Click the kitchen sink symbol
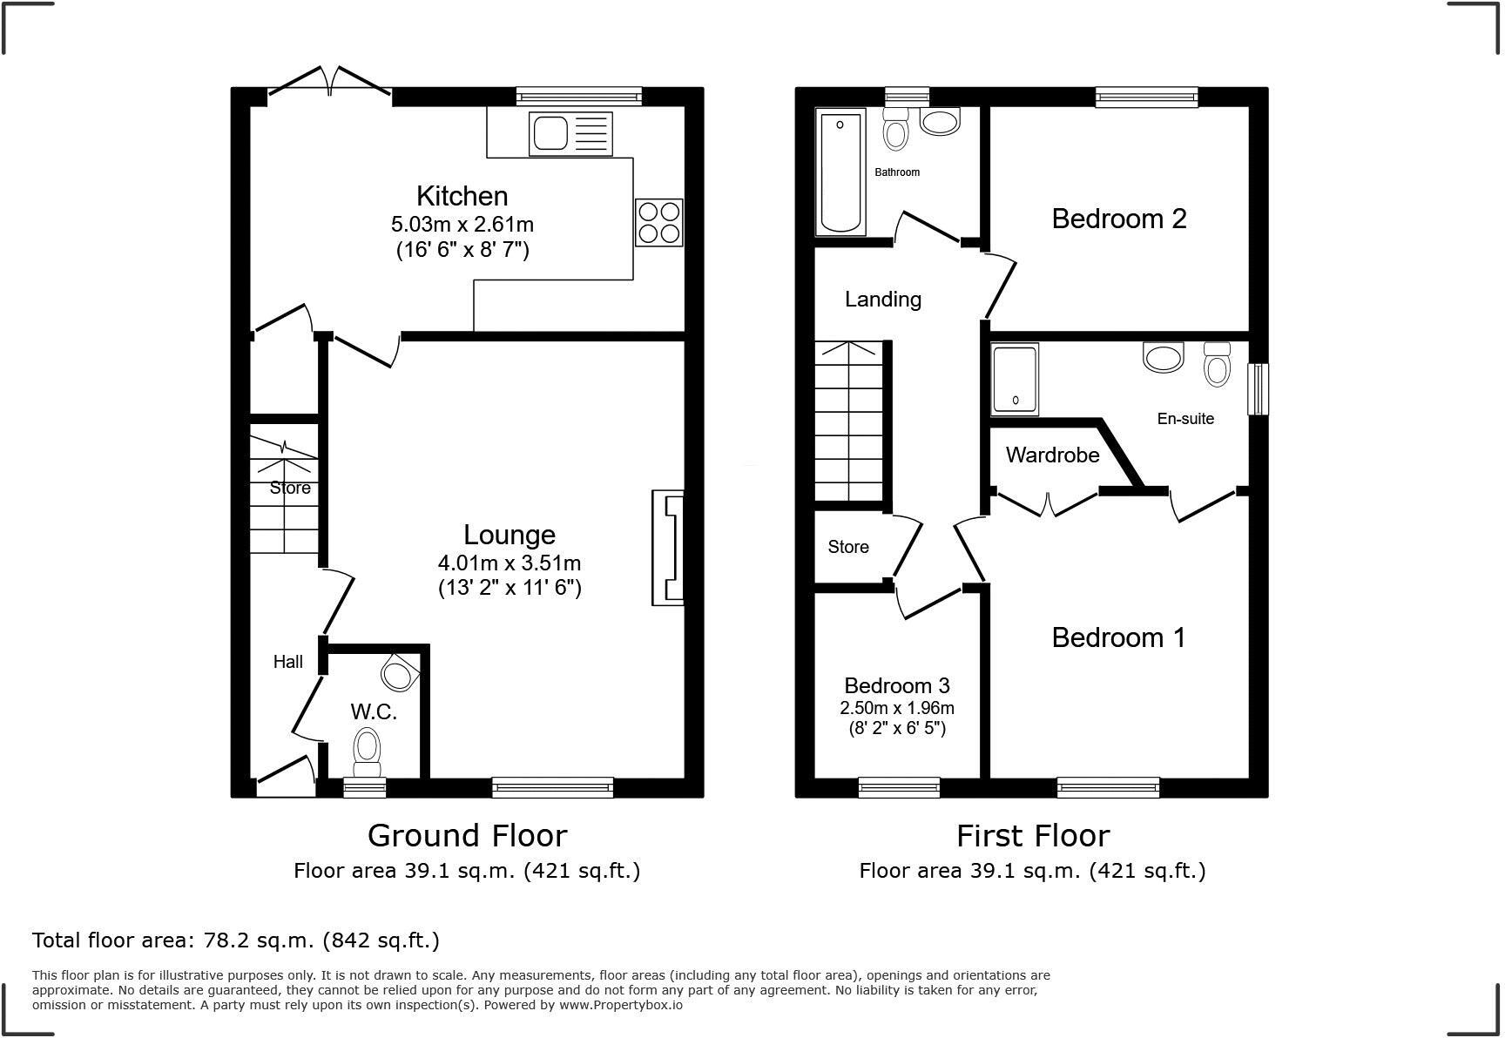coord(570,134)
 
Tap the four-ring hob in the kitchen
coord(658,222)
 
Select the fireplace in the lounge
coord(668,548)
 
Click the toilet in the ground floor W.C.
coord(368,751)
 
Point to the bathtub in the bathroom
coord(840,172)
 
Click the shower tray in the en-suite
coord(1016,378)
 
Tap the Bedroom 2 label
coord(1118,219)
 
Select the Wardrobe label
coord(1052,455)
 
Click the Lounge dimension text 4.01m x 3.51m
coord(510,563)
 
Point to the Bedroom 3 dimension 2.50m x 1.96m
coord(896,707)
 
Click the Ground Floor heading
coord(467,835)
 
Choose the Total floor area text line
coord(235,940)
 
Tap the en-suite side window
coord(1258,388)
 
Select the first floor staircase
coord(849,421)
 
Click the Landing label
coord(882,299)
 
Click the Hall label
coord(287,662)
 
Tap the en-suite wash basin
coord(1163,357)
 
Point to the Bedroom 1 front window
coord(1108,787)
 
